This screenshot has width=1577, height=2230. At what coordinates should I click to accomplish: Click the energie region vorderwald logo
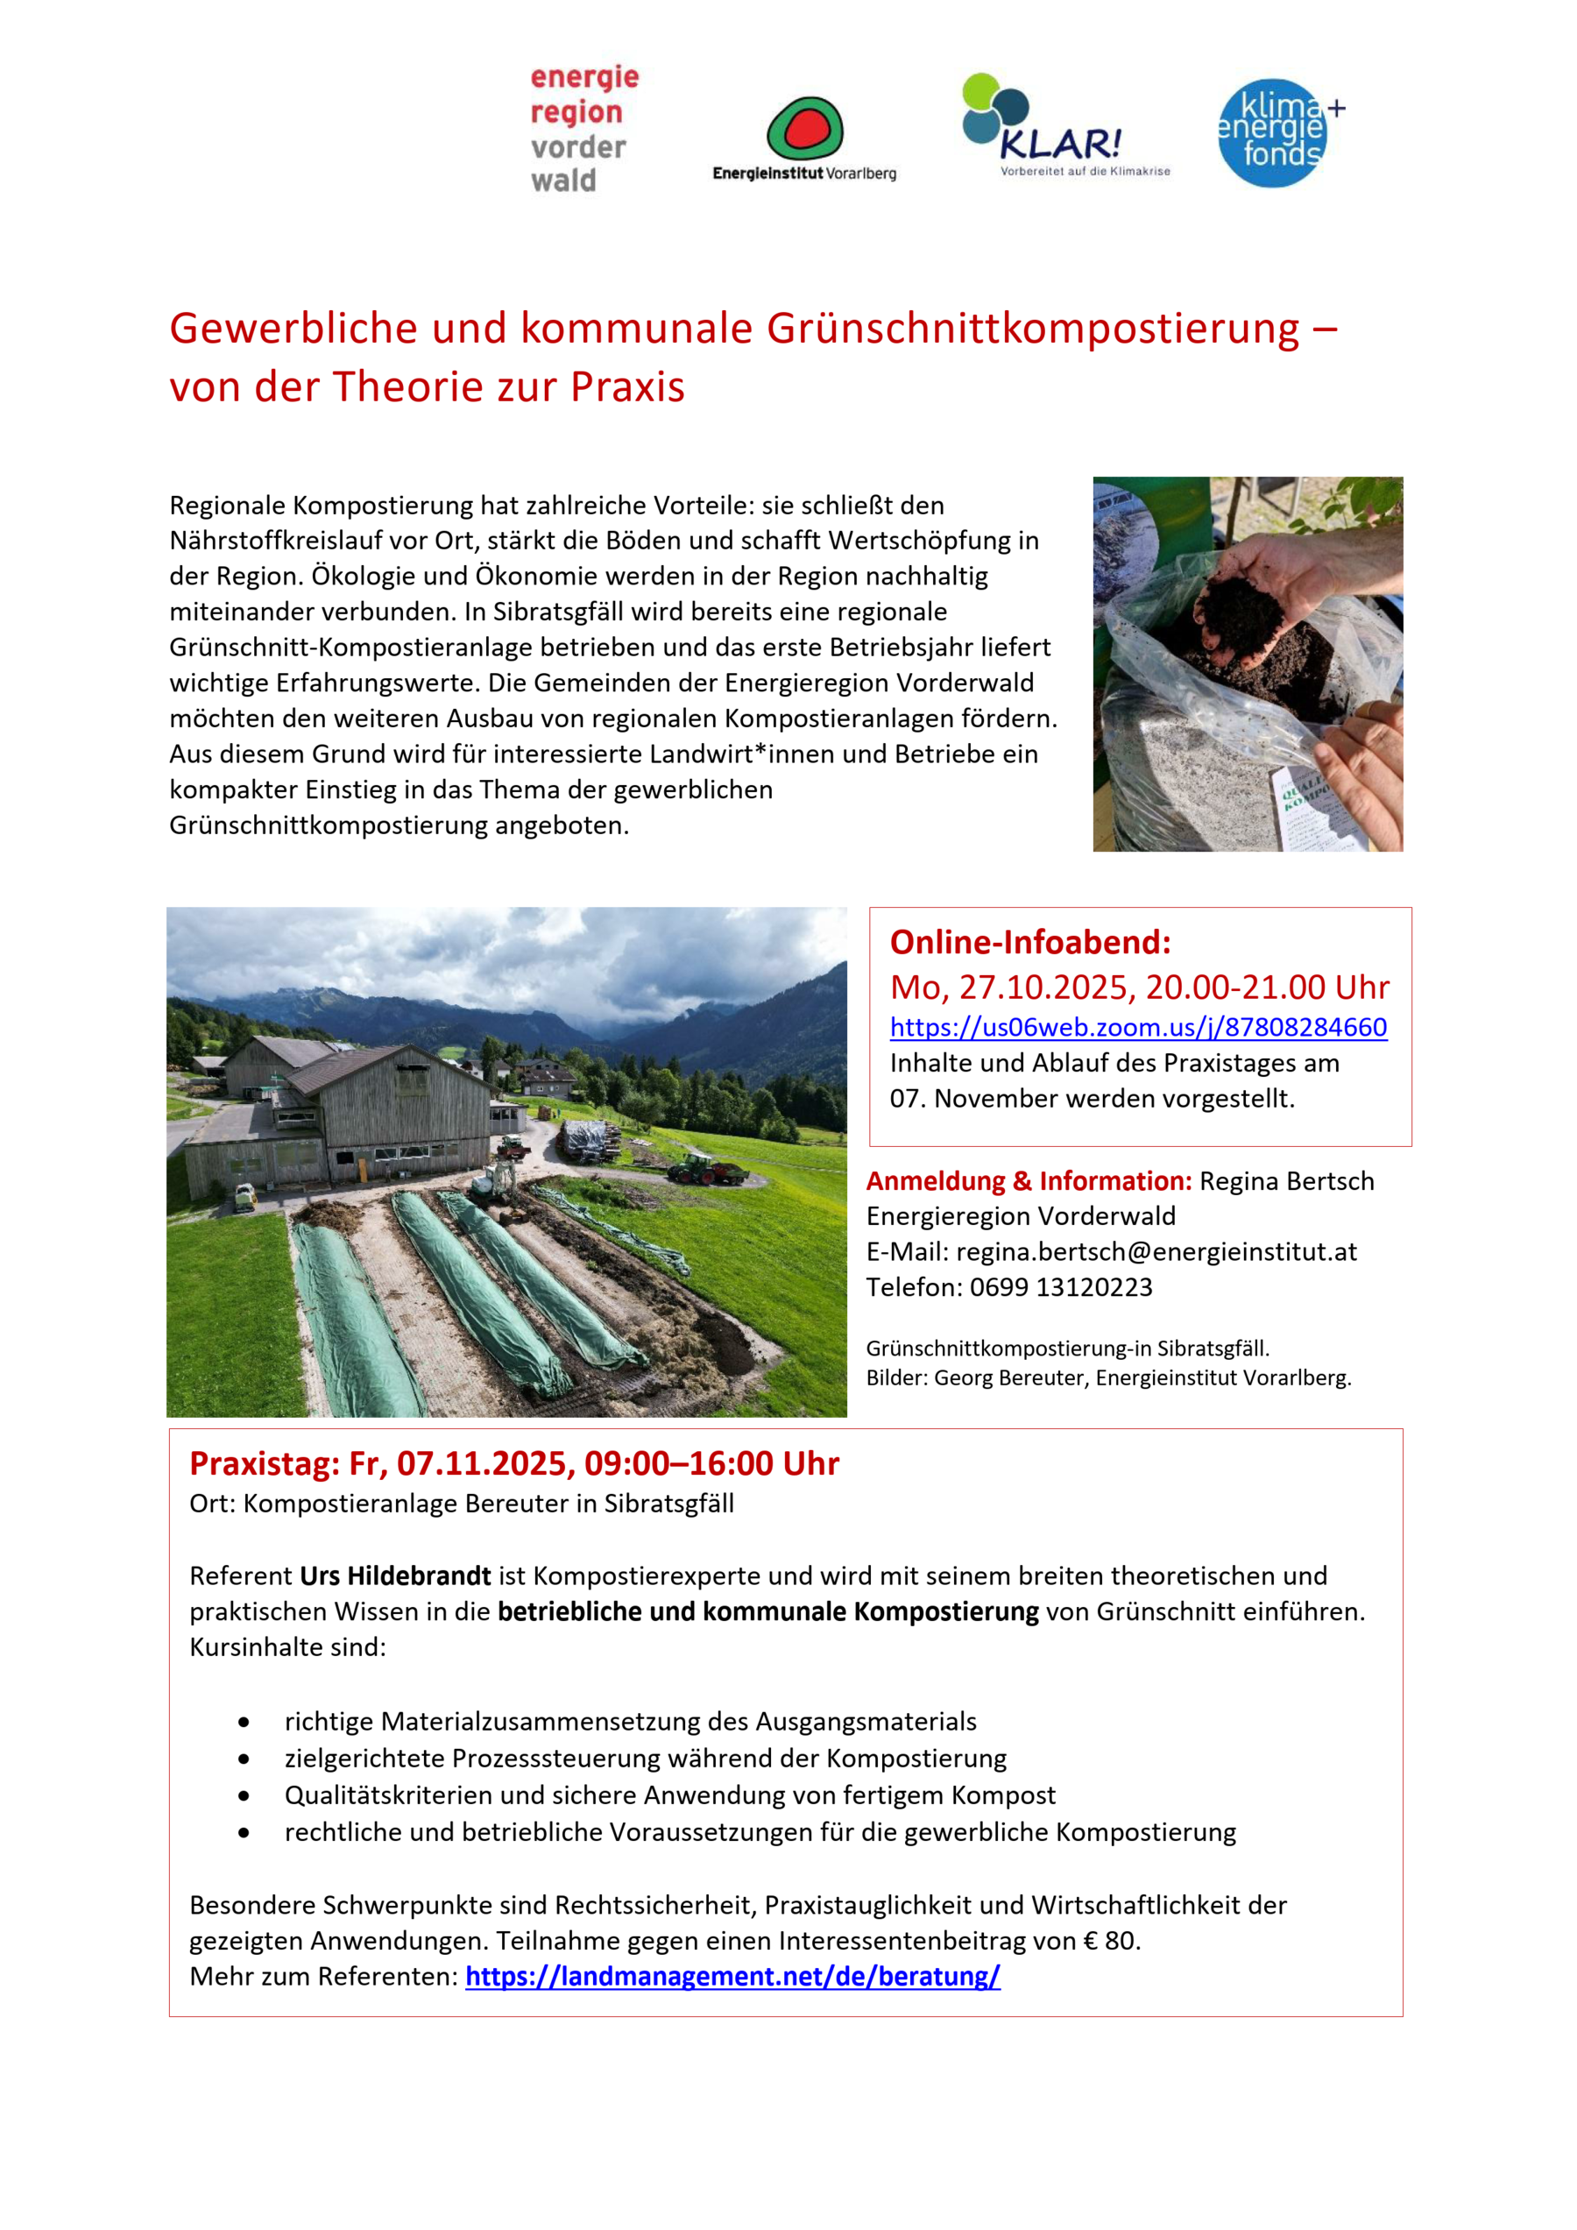583,129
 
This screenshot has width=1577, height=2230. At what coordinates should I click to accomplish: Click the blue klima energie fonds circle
1272,133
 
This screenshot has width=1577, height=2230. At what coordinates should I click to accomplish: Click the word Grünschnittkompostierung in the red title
1032,329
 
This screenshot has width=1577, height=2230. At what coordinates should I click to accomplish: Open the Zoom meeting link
1138,1027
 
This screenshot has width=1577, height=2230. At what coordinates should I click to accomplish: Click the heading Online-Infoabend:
1030,942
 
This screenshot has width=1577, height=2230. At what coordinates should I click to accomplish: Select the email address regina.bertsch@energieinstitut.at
1156,1251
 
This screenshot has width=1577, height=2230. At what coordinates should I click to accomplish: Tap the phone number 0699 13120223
1060,1287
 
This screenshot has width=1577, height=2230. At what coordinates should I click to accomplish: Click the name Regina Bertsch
1287,1181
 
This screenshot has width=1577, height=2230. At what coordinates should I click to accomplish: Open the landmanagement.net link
732,1976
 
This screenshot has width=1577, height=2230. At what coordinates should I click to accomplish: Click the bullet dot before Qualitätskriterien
244,1796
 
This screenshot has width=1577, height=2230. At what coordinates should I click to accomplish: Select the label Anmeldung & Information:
1029,1181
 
